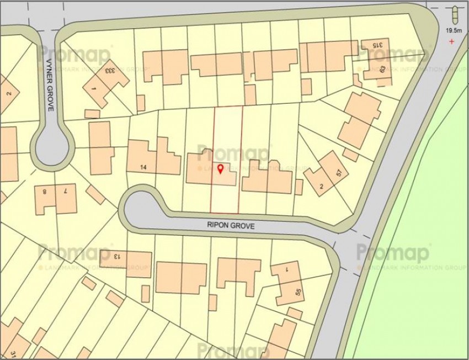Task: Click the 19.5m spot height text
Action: pos(454,31)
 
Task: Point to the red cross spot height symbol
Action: pos(452,42)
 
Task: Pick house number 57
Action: pos(338,172)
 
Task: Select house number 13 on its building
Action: pos(116,257)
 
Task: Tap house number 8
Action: pos(45,192)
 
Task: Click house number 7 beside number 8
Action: pos(65,192)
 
